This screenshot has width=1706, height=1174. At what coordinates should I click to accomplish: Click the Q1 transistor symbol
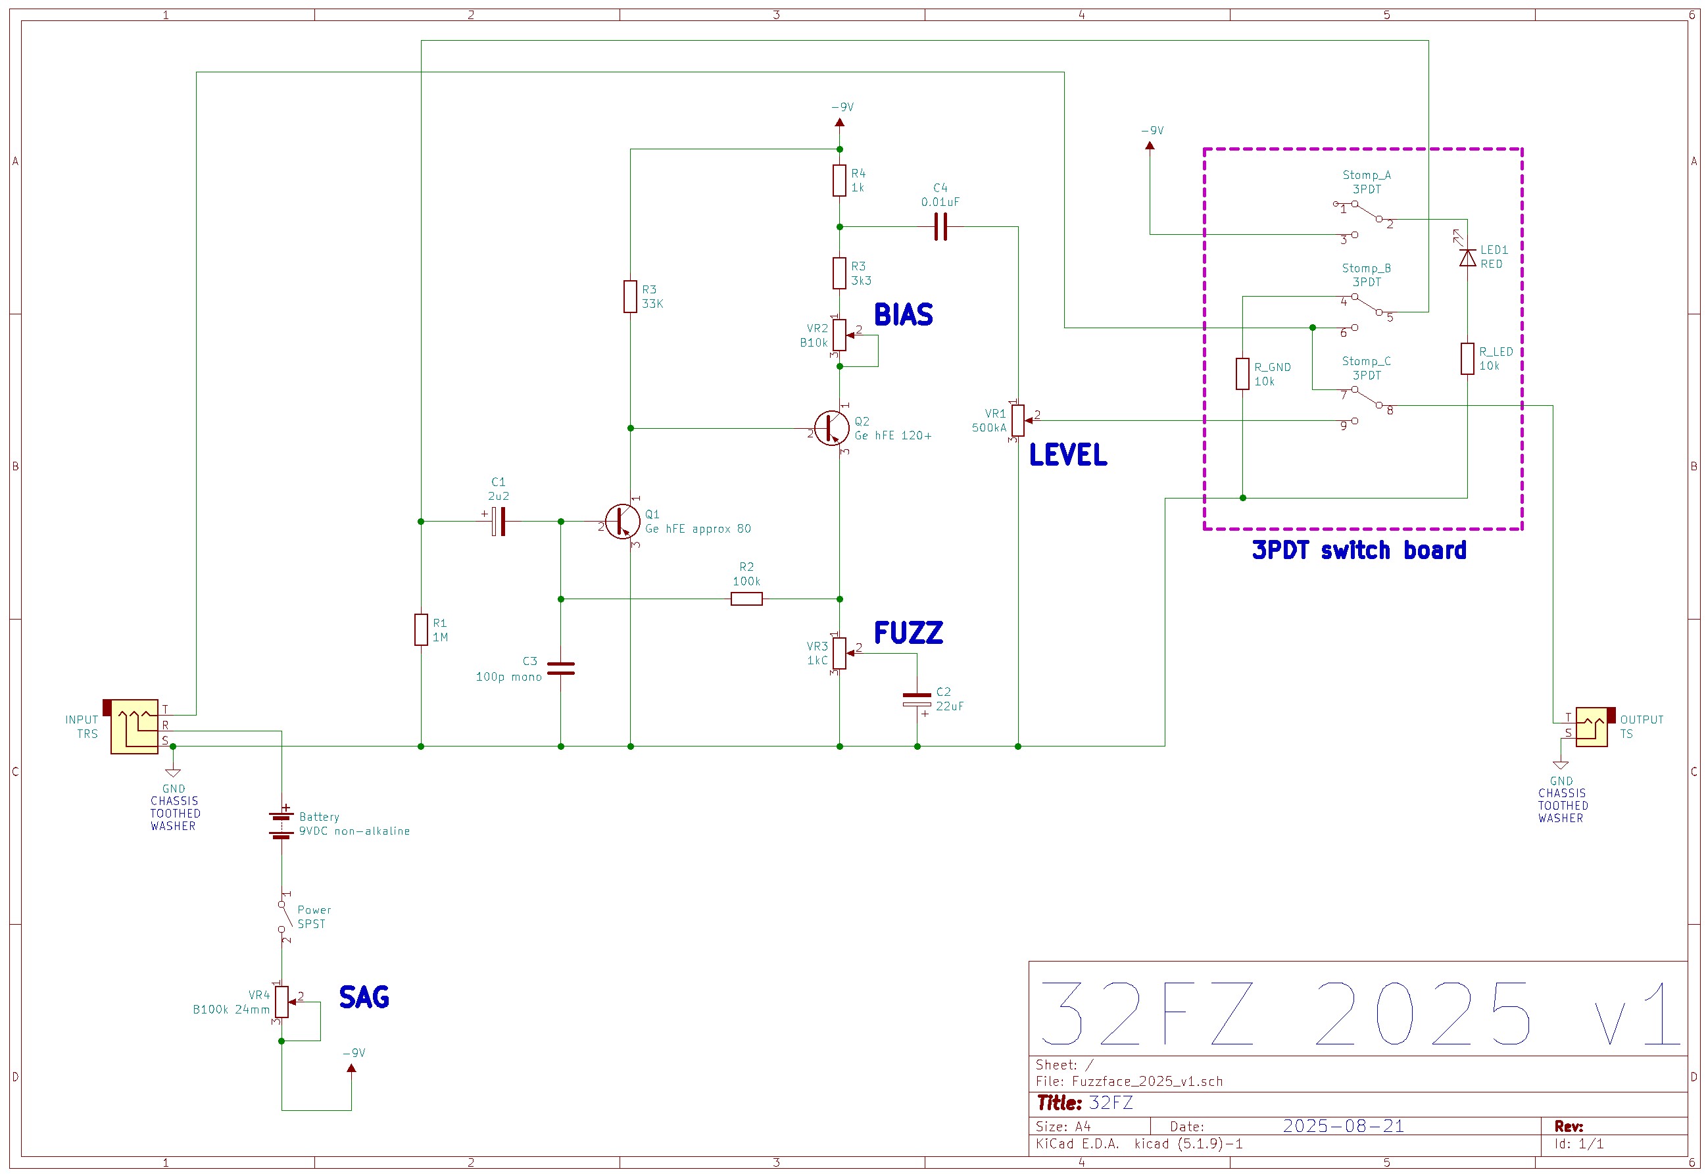[x=622, y=522]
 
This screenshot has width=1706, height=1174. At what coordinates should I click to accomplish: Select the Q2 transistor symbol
[x=832, y=428]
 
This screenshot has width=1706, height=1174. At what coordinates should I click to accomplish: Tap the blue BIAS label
[x=903, y=315]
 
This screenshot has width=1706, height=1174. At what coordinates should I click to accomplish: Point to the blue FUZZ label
[x=908, y=633]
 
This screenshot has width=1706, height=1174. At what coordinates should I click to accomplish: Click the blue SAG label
[x=364, y=998]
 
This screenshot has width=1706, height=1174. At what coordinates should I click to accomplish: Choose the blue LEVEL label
[x=1067, y=455]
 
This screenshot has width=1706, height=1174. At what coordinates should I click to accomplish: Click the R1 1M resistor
[x=421, y=629]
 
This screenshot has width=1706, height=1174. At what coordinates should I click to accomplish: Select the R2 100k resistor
[x=746, y=600]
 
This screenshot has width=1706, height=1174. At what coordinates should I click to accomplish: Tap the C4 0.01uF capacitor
[x=940, y=228]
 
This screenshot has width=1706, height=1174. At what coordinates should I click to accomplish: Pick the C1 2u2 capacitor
[x=499, y=522]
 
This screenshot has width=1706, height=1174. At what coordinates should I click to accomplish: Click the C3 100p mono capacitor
[x=561, y=668]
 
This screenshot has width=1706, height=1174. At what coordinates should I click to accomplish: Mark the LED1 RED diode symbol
[x=1468, y=257]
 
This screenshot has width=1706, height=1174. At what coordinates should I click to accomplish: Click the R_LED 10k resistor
[x=1468, y=359]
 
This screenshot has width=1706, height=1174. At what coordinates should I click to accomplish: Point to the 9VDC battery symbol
[x=281, y=824]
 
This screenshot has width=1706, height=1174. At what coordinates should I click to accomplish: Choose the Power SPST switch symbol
[x=283, y=917]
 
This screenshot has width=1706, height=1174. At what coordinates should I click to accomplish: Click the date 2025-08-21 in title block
[x=1344, y=1126]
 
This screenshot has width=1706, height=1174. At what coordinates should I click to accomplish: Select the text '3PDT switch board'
[x=1359, y=550]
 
